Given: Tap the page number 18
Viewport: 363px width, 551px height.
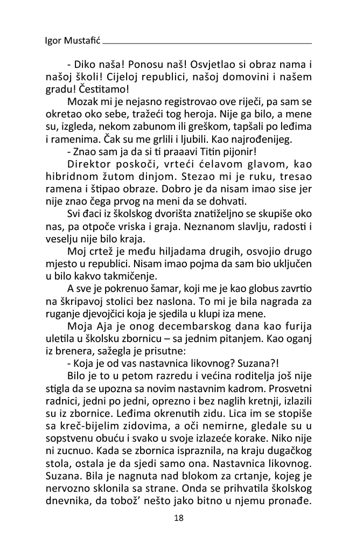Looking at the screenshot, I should (179, 518).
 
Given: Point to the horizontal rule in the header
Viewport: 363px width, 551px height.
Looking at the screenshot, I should (207, 43).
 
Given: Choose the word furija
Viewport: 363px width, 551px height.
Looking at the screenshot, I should (298, 326).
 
